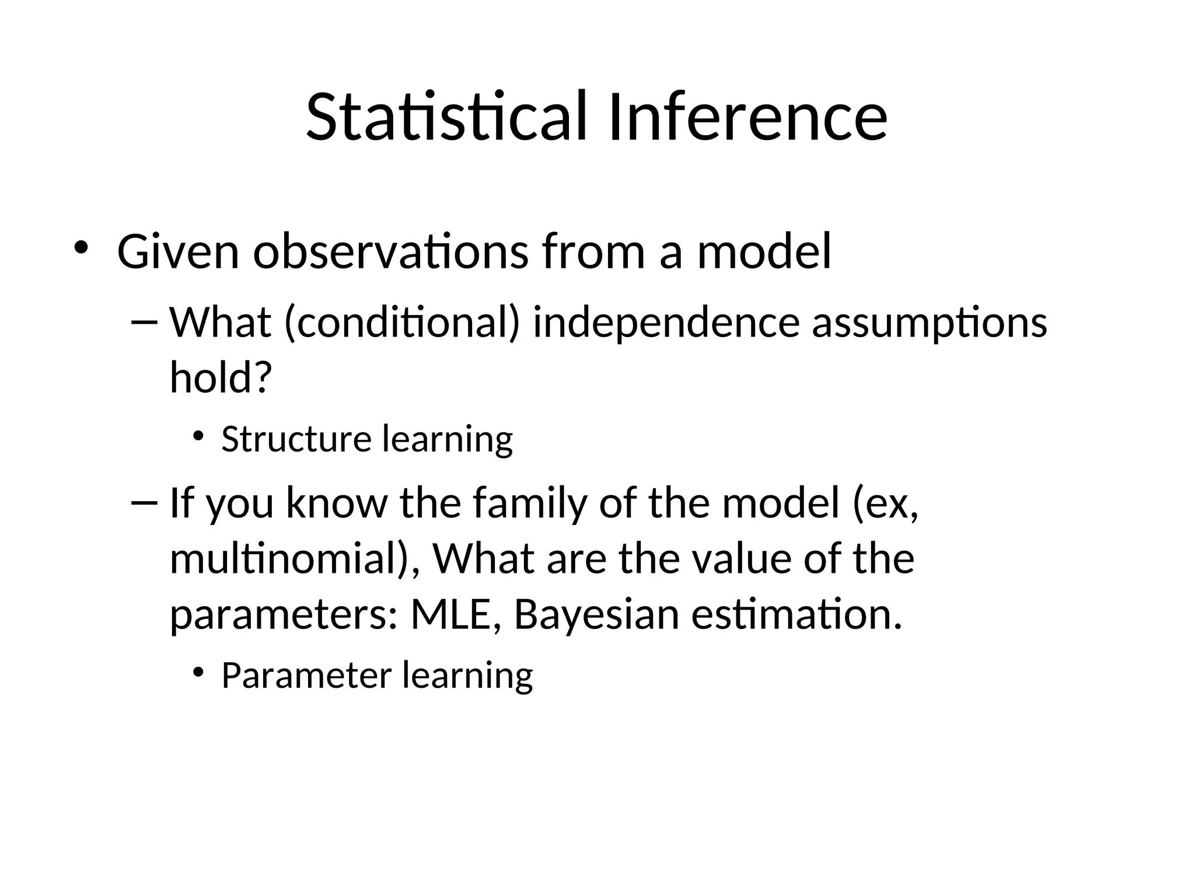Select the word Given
pyautogui.click(x=178, y=252)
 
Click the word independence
pyautogui.click(x=666, y=322)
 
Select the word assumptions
pyautogui.click(x=930, y=323)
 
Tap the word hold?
pyautogui.click(x=221, y=377)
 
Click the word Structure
pyautogui.click(x=296, y=439)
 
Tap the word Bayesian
pyautogui.click(x=596, y=615)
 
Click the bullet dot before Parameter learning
pyautogui.click(x=198, y=672)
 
